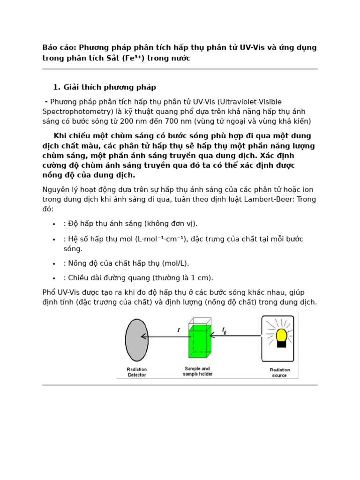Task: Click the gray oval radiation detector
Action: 136,340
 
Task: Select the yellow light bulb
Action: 281,336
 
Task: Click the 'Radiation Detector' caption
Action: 137,372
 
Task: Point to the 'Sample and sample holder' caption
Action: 197,371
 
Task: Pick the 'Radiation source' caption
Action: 280,373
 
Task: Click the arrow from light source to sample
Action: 234,336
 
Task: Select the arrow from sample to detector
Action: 164,336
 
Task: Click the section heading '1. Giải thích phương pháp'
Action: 104,87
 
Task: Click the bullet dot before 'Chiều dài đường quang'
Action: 54,278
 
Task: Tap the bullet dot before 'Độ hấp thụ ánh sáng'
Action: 54,224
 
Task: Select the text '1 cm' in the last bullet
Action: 200,277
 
